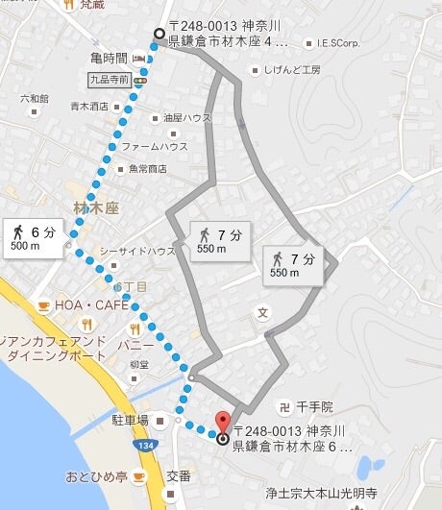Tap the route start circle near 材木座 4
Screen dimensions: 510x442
tap(159, 36)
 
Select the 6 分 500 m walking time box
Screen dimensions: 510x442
tap(36, 237)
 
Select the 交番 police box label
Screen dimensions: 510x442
tap(180, 474)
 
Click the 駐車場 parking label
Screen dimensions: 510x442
tap(130, 420)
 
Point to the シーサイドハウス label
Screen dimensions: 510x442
tap(137, 251)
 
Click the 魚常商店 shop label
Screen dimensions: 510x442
tap(141, 169)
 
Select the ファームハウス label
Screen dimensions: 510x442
tap(154, 146)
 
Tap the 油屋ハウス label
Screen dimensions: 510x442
tap(186, 118)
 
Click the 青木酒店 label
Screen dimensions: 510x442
tap(90, 107)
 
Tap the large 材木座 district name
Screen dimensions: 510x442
tap(95, 206)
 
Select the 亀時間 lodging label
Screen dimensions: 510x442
tap(105, 59)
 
